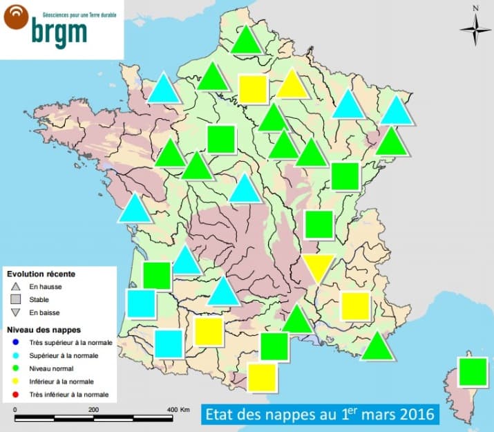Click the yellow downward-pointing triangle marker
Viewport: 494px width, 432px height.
pos(319,267)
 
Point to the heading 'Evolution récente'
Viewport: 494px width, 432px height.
pos(41,274)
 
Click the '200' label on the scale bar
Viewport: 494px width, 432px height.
pos(93,411)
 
